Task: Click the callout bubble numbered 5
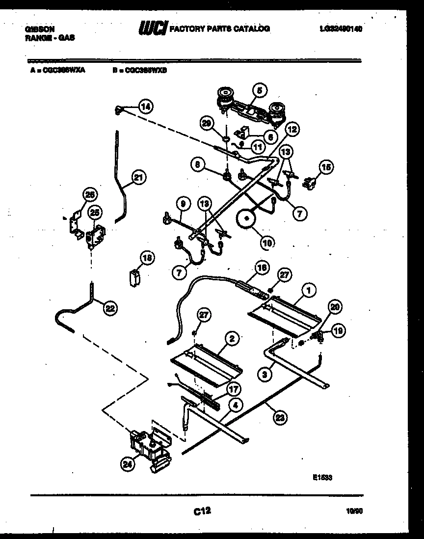click(x=259, y=90)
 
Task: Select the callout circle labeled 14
click(x=144, y=106)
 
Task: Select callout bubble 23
click(x=280, y=417)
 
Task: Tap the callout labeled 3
click(x=265, y=375)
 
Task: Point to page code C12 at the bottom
click(x=202, y=512)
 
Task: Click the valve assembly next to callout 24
click(x=150, y=447)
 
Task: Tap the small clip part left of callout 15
click(x=309, y=183)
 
